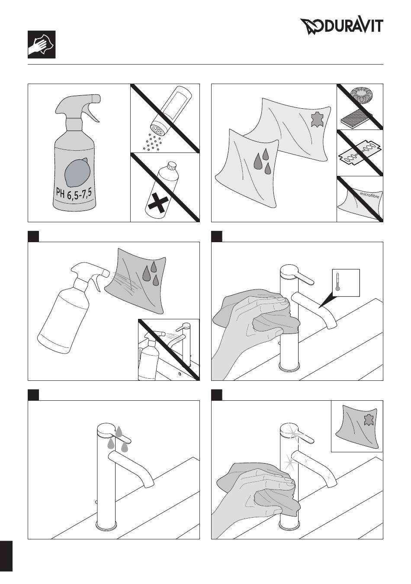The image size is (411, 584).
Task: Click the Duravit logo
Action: pos(342,27)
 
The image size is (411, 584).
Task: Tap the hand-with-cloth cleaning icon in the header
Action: pos(42,45)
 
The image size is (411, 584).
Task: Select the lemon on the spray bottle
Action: pos(78,172)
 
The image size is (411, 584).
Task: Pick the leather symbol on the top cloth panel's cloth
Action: pos(317,120)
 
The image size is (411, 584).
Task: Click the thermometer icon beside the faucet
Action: pos(337,282)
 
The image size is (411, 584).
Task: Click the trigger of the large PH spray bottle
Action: pos(93,114)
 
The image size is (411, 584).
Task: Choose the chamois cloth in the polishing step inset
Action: pos(357,426)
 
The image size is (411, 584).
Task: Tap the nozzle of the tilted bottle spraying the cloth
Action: pos(105,273)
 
